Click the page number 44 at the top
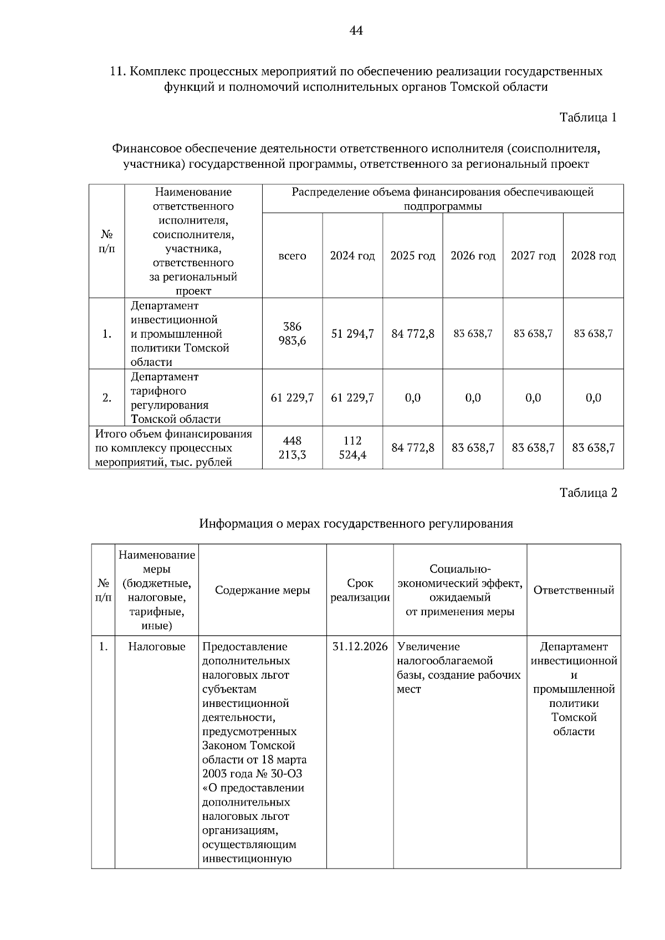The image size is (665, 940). [x=356, y=31]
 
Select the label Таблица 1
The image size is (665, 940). [x=588, y=117]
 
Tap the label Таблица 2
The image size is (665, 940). [x=588, y=493]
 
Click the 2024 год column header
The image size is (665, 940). [x=352, y=256]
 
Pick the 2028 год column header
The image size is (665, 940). [x=593, y=256]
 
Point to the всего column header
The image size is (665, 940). [x=292, y=256]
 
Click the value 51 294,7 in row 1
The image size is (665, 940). [x=352, y=334]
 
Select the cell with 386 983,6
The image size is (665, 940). [x=292, y=334]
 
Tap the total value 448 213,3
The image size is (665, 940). [x=292, y=448]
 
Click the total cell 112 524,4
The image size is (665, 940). [x=352, y=448]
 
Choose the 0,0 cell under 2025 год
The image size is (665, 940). [x=413, y=398]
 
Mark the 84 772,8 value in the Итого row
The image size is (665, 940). [x=413, y=448]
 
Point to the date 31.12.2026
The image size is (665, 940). [x=360, y=647]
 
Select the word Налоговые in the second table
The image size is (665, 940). [x=157, y=647]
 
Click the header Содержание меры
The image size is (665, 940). [x=262, y=590]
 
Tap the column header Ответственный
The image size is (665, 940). [x=574, y=590]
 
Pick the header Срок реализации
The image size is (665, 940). [x=360, y=590]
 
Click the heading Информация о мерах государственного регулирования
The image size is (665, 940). [x=356, y=524]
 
